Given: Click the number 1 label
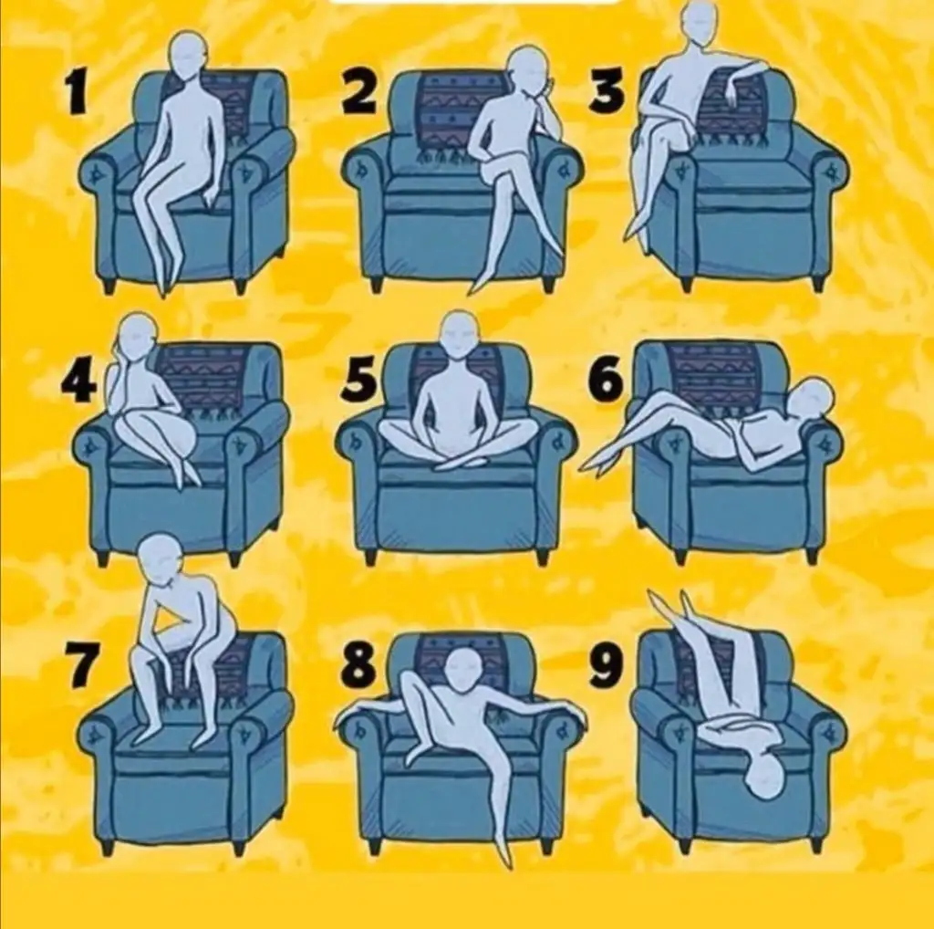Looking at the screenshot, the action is point(76,91).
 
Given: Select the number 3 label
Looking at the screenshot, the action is point(607,91).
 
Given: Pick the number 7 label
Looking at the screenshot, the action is point(80,665).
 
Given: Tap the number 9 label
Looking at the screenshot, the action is point(607,665).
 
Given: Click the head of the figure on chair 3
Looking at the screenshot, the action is point(700,23).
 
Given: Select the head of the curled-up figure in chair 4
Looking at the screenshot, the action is point(139,335).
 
